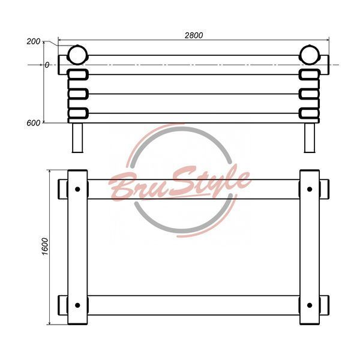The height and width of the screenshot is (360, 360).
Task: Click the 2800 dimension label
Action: [x=194, y=35]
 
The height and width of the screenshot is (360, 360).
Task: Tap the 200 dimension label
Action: [x=33, y=41]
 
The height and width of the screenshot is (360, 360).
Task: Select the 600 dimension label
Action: [x=33, y=123]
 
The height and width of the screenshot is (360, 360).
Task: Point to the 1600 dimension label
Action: [x=45, y=247]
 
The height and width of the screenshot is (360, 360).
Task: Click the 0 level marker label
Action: [x=47, y=65]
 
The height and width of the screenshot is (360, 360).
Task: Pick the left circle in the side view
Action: [x=77, y=55]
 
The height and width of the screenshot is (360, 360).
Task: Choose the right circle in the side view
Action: [x=310, y=55]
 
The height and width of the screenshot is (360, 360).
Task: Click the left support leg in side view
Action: [x=77, y=138]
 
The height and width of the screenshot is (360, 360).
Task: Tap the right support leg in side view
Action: [x=310, y=138]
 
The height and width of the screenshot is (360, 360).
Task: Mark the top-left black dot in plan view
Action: [x=77, y=189]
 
